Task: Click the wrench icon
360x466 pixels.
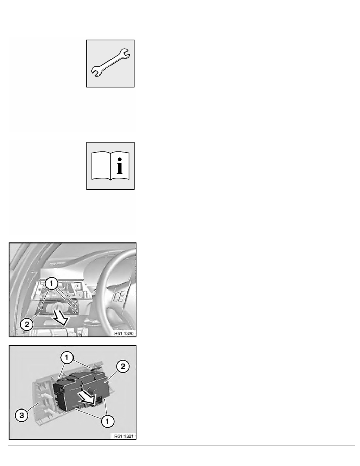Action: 110,63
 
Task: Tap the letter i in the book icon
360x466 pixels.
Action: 119,166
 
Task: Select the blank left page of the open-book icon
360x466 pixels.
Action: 101,166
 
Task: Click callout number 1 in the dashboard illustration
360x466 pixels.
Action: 52,284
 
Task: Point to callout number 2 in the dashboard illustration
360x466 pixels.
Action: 27,324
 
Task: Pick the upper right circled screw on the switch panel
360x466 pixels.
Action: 75,304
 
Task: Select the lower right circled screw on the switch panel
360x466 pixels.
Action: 75,311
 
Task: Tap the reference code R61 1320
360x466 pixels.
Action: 124,333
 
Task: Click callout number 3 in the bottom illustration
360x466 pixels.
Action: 22,415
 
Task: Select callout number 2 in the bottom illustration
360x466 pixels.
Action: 123,366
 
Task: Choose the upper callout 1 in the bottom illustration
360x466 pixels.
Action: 67,357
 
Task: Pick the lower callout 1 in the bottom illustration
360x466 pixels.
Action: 107,421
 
